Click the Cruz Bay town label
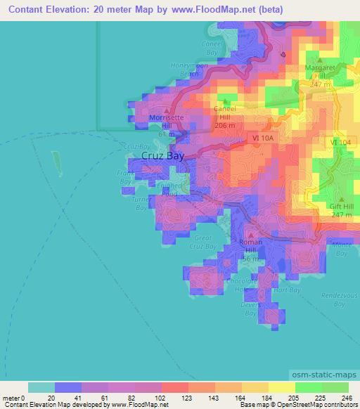point(162,156)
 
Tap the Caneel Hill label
point(225,115)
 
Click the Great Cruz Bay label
point(206,242)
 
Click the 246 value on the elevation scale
point(348,398)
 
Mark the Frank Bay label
point(126,176)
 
